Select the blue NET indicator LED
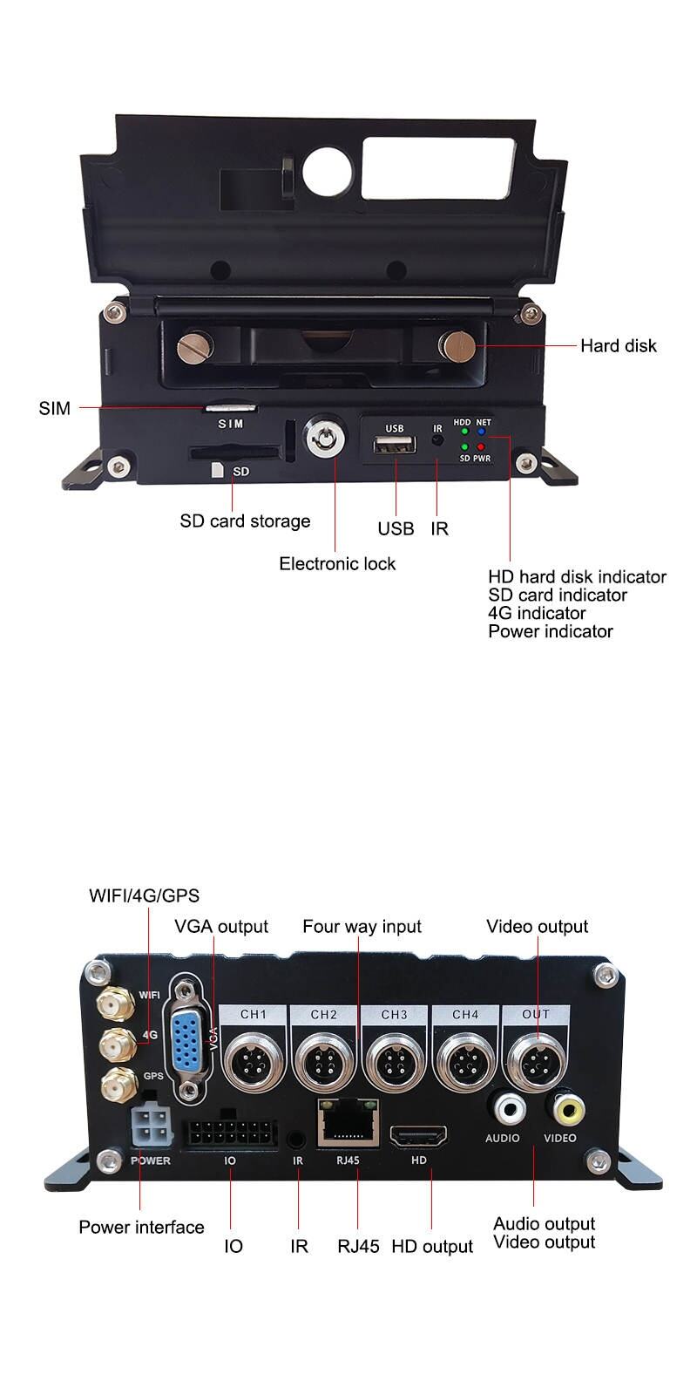[x=480, y=432]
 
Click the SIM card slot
[x=231, y=407]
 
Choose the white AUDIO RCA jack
[x=509, y=1109]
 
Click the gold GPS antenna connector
[x=113, y=1085]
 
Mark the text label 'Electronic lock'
[x=337, y=564]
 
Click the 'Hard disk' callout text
[x=619, y=346]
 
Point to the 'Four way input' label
[x=362, y=927]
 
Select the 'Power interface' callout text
[x=141, y=1228]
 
